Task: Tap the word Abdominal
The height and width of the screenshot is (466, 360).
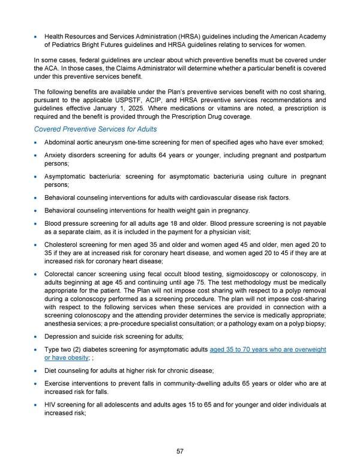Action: click(x=63, y=142)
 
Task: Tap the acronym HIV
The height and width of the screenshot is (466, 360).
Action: click(x=51, y=405)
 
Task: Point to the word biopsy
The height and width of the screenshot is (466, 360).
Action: click(x=313, y=323)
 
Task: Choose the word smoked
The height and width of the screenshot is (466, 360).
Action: click(x=311, y=142)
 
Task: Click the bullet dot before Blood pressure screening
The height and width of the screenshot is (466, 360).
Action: click(x=37, y=223)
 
